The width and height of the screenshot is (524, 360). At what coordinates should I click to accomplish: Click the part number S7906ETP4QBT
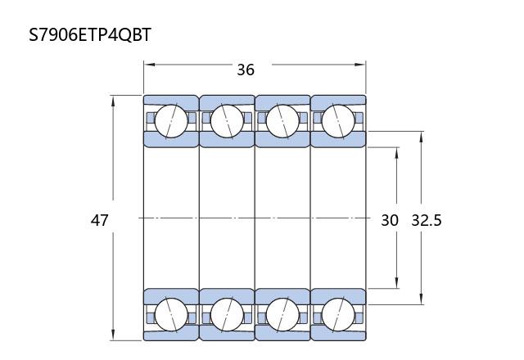coord(90,34)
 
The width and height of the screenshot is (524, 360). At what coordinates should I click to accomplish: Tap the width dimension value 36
coord(246,70)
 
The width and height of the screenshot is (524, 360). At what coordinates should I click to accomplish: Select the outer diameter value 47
coord(100,220)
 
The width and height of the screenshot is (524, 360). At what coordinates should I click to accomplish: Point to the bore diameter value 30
coord(390,220)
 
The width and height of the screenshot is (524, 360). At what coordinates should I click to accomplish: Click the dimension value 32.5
coord(427,220)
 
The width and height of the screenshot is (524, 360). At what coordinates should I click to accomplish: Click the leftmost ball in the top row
coord(171,121)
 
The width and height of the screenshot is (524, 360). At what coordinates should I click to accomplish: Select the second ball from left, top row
coord(227,121)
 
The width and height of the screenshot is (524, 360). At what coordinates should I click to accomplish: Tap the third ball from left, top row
coord(282,121)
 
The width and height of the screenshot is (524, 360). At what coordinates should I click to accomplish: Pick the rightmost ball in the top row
coord(338,121)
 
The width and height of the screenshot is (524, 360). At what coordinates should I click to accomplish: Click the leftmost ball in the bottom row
coord(171,315)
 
